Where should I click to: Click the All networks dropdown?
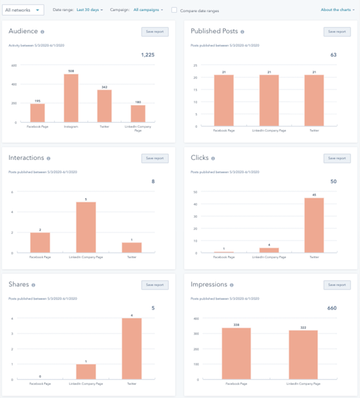pos(24,10)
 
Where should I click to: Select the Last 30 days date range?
pos(90,10)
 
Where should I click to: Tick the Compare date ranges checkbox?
pos(174,10)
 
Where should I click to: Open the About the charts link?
pos(338,10)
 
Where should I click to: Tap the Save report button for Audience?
pos(155,32)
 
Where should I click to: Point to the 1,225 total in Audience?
pos(147,55)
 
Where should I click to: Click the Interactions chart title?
pos(25,158)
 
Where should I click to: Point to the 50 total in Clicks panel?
pos(333,182)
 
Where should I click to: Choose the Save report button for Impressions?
pos(337,285)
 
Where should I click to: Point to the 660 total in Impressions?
pos(331,308)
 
